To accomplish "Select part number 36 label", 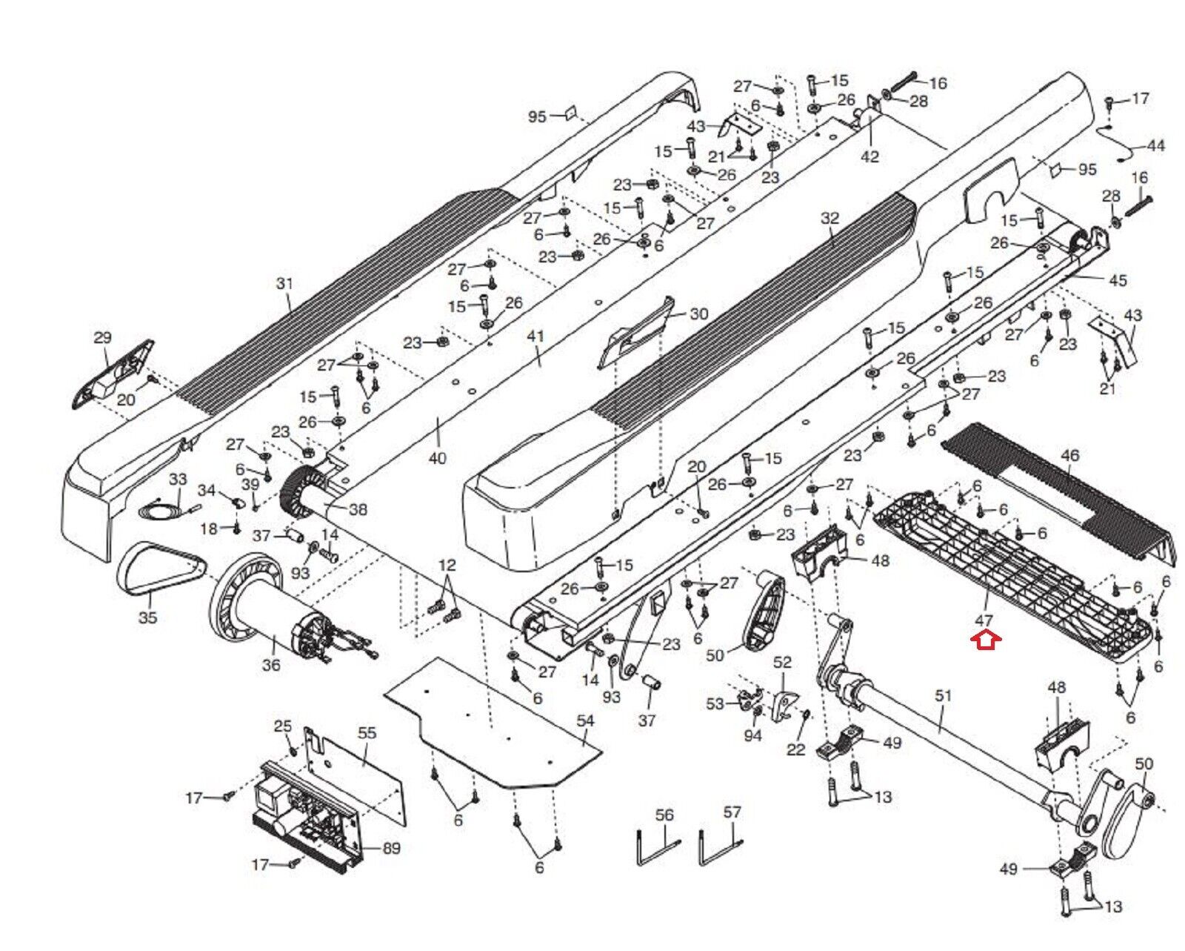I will click(x=271, y=664).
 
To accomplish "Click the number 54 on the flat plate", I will click(x=585, y=720).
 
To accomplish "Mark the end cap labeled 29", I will click(x=114, y=374).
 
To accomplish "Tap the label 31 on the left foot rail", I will click(x=285, y=283).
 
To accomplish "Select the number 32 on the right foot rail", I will click(x=830, y=218).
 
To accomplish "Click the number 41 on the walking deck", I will click(x=535, y=336).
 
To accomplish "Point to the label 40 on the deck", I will click(x=438, y=458).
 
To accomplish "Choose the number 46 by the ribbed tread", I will click(x=1070, y=455).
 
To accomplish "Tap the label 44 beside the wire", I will click(x=1155, y=146).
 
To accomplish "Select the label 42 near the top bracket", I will click(x=869, y=156).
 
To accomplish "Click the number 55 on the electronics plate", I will click(x=367, y=732).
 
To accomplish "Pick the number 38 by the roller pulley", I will click(x=358, y=509).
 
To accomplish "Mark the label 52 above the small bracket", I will click(x=782, y=662).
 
